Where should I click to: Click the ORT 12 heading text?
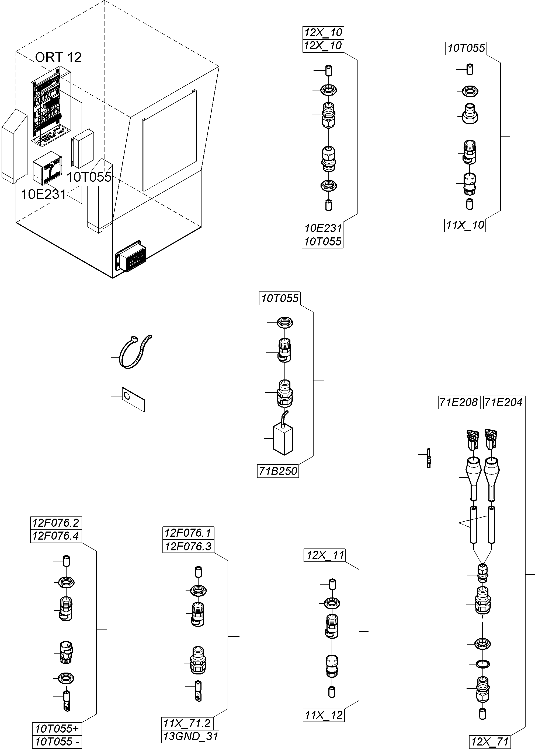pyautogui.click(x=58, y=57)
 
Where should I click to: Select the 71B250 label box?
pyautogui.click(x=278, y=471)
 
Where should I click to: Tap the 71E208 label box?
pyautogui.click(x=458, y=402)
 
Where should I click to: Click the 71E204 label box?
pyautogui.click(x=504, y=402)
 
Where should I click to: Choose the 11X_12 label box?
pyautogui.click(x=324, y=715)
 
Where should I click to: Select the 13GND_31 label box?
pyautogui.click(x=191, y=736)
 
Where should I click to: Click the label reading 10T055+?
pyautogui.click(x=57, y=729)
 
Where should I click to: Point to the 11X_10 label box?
pyautogui.click(x=465, y=225)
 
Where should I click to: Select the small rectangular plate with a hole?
pyautogui.click(x=133, y=399)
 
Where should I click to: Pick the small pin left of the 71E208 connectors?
pyautogui.click(x=429, y=458)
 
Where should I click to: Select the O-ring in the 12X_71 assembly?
pyautogui.click(x=483, y=663)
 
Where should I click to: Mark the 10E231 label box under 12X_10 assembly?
pyautogui.click(x=323, y=228)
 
